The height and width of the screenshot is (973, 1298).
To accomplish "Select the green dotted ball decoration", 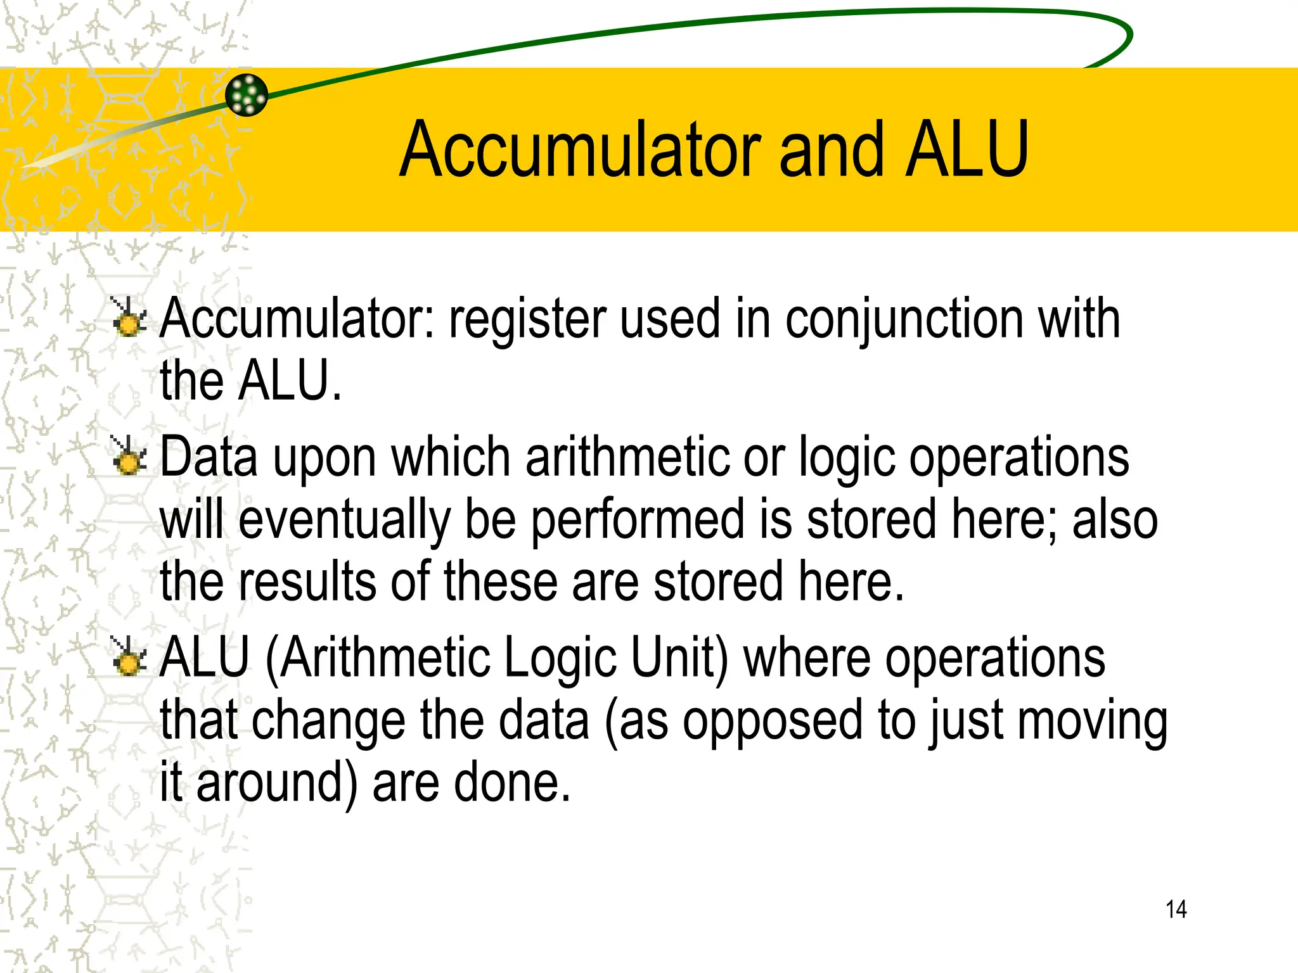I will tap(247, 95).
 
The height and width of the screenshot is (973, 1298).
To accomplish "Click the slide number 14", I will tap(1176, 909).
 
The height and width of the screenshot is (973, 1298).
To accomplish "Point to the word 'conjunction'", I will tap(903, 319).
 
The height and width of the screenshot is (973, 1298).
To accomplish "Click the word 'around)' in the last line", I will tap(276, 783).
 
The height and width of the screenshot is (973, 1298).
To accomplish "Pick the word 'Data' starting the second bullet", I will tap(209, 457).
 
